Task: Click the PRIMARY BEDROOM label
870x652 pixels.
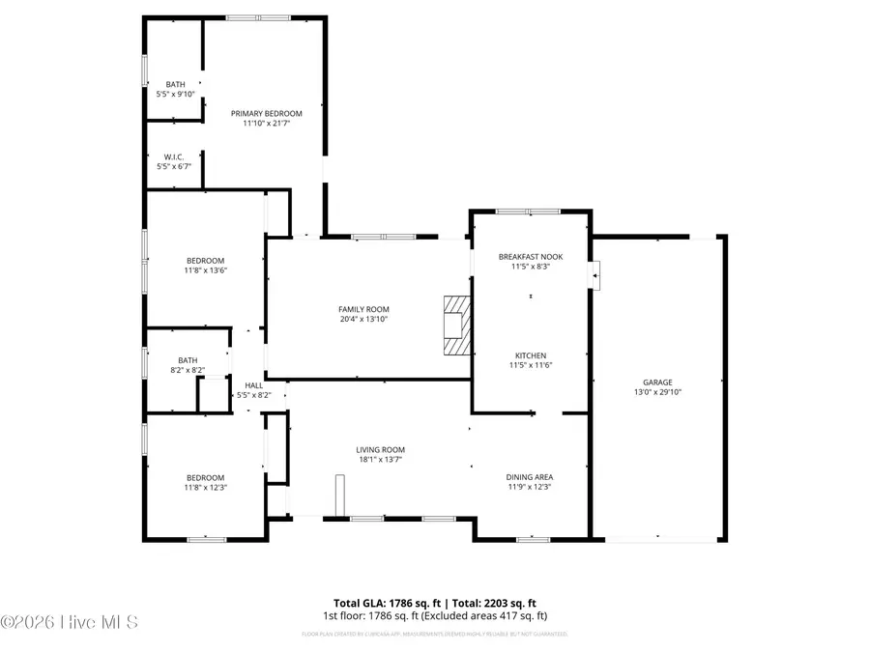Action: (260, 113)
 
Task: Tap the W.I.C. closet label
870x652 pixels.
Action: (174, 156)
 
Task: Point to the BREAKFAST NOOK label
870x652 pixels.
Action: (530, 256)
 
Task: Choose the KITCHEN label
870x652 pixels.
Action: (530, 354)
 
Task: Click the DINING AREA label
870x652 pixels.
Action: (530, 476)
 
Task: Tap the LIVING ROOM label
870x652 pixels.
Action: (380, 449)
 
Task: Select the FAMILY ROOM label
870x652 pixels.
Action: (363, 309)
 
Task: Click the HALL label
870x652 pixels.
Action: (253, 385)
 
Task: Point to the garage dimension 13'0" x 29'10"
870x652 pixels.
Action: (657, 391)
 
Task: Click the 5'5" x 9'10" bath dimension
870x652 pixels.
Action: (175, 94)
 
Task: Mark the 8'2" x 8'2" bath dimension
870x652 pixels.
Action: (187, 370)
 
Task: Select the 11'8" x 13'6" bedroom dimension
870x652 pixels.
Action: (205, 270)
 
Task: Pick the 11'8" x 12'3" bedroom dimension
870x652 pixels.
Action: (205, 488)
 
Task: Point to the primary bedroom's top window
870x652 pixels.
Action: (258, 16)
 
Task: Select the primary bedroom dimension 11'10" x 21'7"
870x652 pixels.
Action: (260, 123)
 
